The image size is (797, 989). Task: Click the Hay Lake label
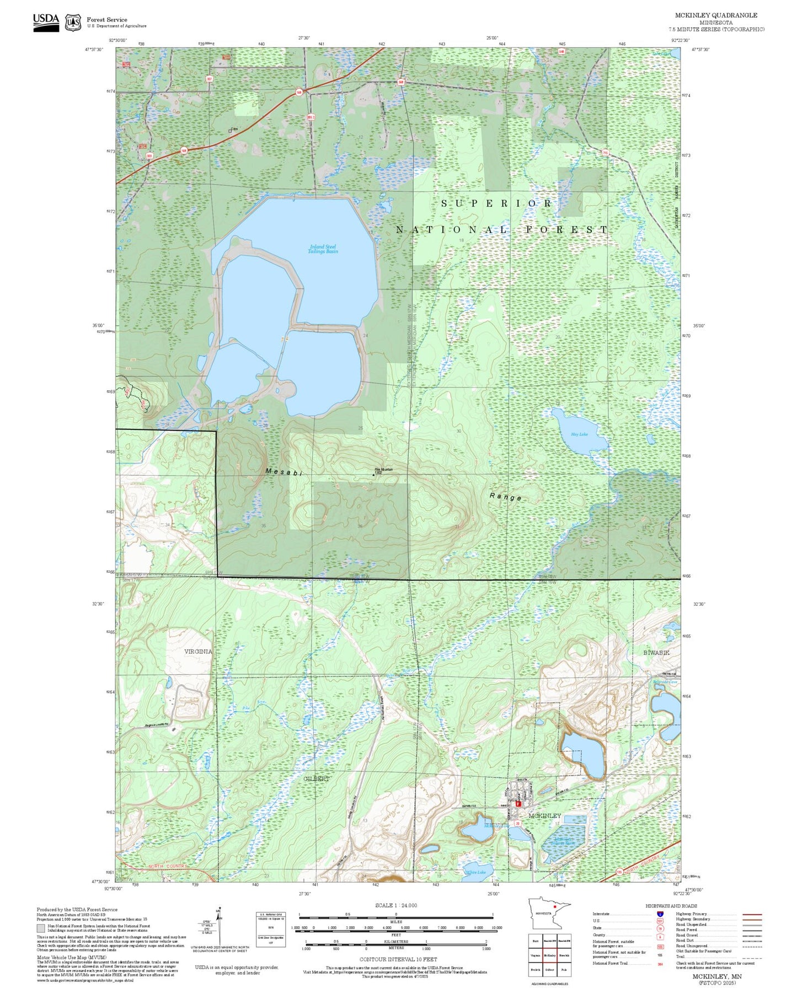click(x=579, y=434)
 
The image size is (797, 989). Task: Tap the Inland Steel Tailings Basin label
click(x=323, y=249)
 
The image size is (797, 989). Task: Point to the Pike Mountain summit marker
click(x=374, y=475)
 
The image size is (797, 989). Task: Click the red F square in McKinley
click(x=518, y=804)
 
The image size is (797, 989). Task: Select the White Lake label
click(x=475, y=873)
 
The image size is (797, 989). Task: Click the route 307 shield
click(x=209, y=79)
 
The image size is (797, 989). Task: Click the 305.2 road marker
click(x=311, y=117)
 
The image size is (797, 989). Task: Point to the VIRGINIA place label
click(x=198, y=651)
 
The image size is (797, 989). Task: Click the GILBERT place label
click(x=316, y=778)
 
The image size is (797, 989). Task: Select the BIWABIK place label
click(x=656, y=652)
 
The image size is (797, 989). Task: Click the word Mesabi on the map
click(x=284, y=472)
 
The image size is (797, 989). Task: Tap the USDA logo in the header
click(x=46, y=21)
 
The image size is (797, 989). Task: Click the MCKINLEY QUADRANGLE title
click(x=716, y=15)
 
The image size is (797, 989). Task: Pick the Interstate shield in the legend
click(x=660, y=914)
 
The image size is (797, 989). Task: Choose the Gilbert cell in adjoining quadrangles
click(x=549, y=969)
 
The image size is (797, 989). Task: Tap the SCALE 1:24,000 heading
click(x=396, y=905)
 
